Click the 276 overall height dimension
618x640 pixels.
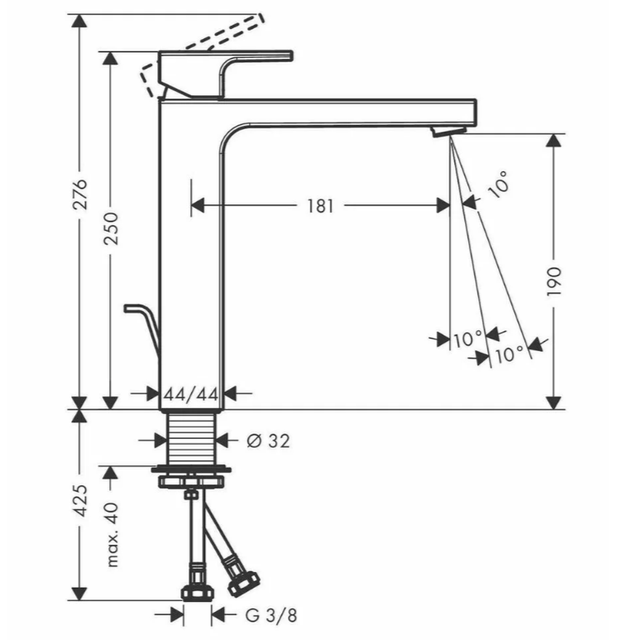tap(79, 194)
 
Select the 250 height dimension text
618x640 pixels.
tap(111, 229)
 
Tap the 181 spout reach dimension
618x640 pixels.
tap(320, 206)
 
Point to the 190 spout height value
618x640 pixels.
tap(554, 282)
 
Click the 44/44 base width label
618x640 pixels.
tap(191, 394)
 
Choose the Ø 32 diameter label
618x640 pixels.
tap(268, 440)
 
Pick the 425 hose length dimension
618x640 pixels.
tap(79, 501)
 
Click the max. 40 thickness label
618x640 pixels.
tap(112, 535)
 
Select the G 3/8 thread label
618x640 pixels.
tap(271, 615)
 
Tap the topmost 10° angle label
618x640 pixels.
tap(499, 185)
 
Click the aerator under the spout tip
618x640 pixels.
tap(448, 132)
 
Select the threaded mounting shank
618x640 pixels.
tap(191, 438)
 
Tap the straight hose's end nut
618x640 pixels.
tap(197, 593)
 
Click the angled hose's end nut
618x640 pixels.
tap(243, 582)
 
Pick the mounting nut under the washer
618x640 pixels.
tap(191, 481)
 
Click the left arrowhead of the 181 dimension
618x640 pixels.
tap(198, 205)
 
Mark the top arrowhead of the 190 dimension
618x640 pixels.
tap(553, 141)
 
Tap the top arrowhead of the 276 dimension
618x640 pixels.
tap(79, 21)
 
